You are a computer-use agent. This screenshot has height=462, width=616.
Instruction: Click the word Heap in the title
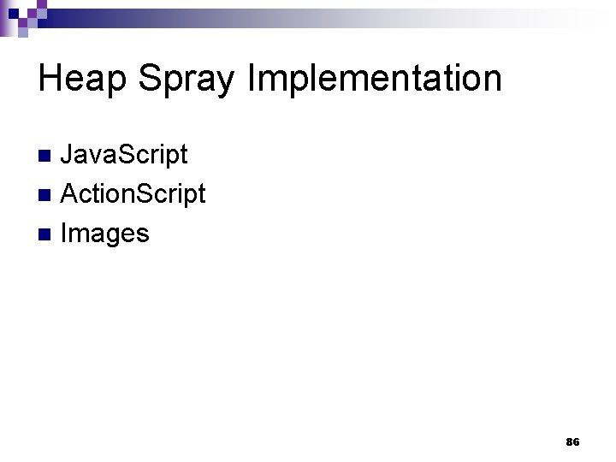[82, 79]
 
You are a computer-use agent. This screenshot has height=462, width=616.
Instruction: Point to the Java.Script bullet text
[124, 155]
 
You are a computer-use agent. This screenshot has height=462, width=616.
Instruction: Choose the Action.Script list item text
[133, 194]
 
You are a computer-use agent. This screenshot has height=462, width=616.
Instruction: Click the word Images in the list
[105, 233]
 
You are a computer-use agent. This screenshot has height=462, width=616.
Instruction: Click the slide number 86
[572, 442]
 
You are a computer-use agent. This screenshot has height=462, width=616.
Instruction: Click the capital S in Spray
[149, 79]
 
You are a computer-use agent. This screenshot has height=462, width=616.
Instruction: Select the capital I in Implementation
[251, 79]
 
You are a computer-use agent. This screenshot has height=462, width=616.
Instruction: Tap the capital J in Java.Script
[68, 155]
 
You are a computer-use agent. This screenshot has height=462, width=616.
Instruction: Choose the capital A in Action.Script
[71, 194]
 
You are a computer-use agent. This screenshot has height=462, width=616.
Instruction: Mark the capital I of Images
[64, 233]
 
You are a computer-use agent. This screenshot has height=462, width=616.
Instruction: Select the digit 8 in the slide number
[569, 442]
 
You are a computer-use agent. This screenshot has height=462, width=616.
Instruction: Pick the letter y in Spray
[224, 84]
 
